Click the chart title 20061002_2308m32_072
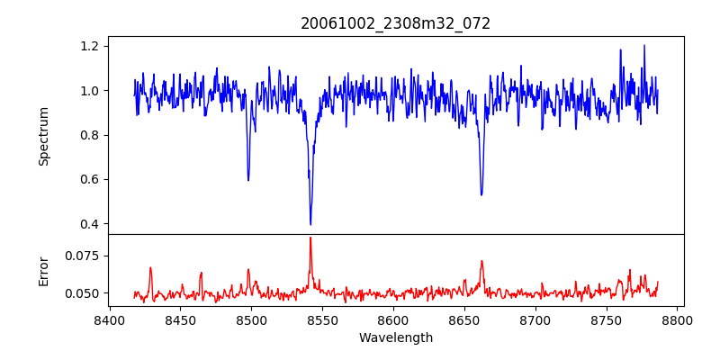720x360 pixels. pyautogui.click(x=396, y=23)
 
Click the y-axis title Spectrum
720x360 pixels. pyautogui.click(x=43, y=136)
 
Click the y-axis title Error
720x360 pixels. pyautogui.click(x=43, y=271)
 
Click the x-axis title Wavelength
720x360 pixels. pyautogui.click(x=396, y=338)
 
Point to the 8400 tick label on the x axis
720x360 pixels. pyautogui.click(x=110, y=319)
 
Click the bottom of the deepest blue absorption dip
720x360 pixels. pyautogui.click(x=310, y=224)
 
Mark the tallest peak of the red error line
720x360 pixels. pyautogui.click(x=310, y=238)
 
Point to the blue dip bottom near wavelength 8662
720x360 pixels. pyautogui.click(x=481, y=194)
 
